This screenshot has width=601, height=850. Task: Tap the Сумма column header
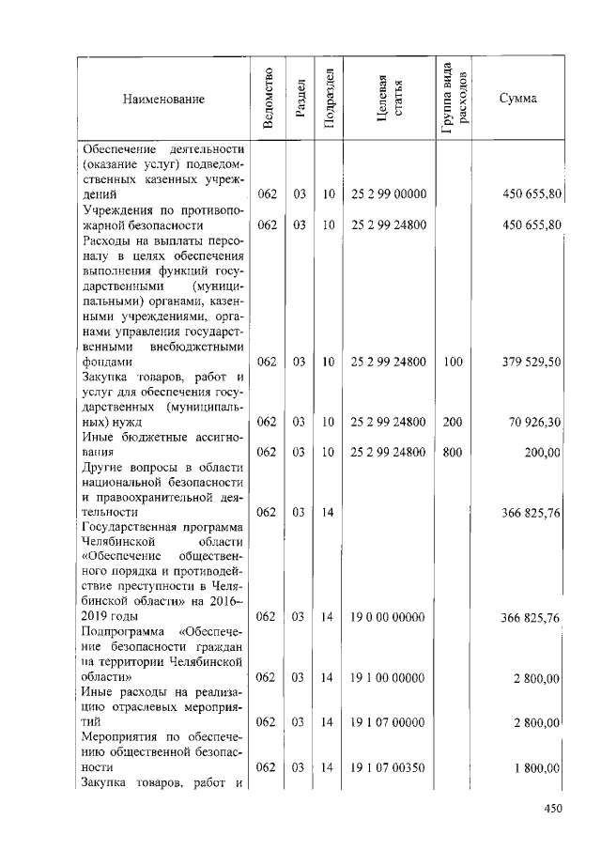coord(517,100)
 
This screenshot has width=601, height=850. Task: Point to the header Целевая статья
coord(390,100)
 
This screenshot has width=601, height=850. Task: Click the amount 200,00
coord(543,452)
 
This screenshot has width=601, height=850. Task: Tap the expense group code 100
coord(453,362)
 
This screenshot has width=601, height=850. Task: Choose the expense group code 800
coord(453,452)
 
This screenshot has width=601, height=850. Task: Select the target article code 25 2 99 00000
coord(389,194)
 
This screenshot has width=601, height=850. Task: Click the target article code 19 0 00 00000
coord(389,617)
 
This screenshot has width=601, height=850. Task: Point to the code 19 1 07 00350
coord(389,768)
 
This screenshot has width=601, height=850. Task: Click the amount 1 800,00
coord(536,768)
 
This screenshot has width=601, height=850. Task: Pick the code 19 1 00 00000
coord(389,677)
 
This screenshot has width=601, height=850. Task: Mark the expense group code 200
coord(453,423)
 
